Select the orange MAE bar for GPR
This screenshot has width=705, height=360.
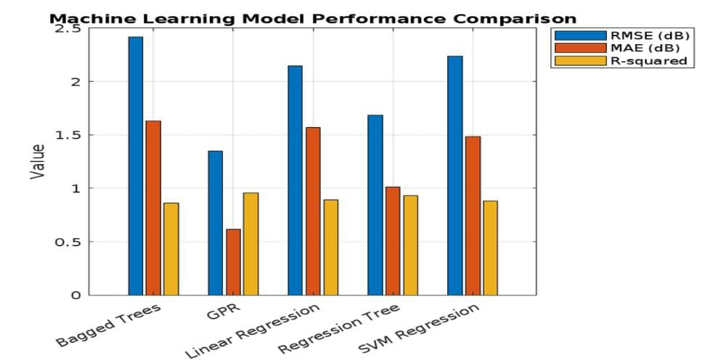(233, 262)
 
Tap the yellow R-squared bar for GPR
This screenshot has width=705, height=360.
(250, 244)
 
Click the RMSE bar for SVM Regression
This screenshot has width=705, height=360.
(455, 175)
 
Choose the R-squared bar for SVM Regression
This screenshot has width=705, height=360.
(490, 247)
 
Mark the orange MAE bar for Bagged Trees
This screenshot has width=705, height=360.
(153, 208)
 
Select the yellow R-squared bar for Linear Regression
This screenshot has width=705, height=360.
(330, 247)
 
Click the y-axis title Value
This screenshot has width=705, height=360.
(38, 161)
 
